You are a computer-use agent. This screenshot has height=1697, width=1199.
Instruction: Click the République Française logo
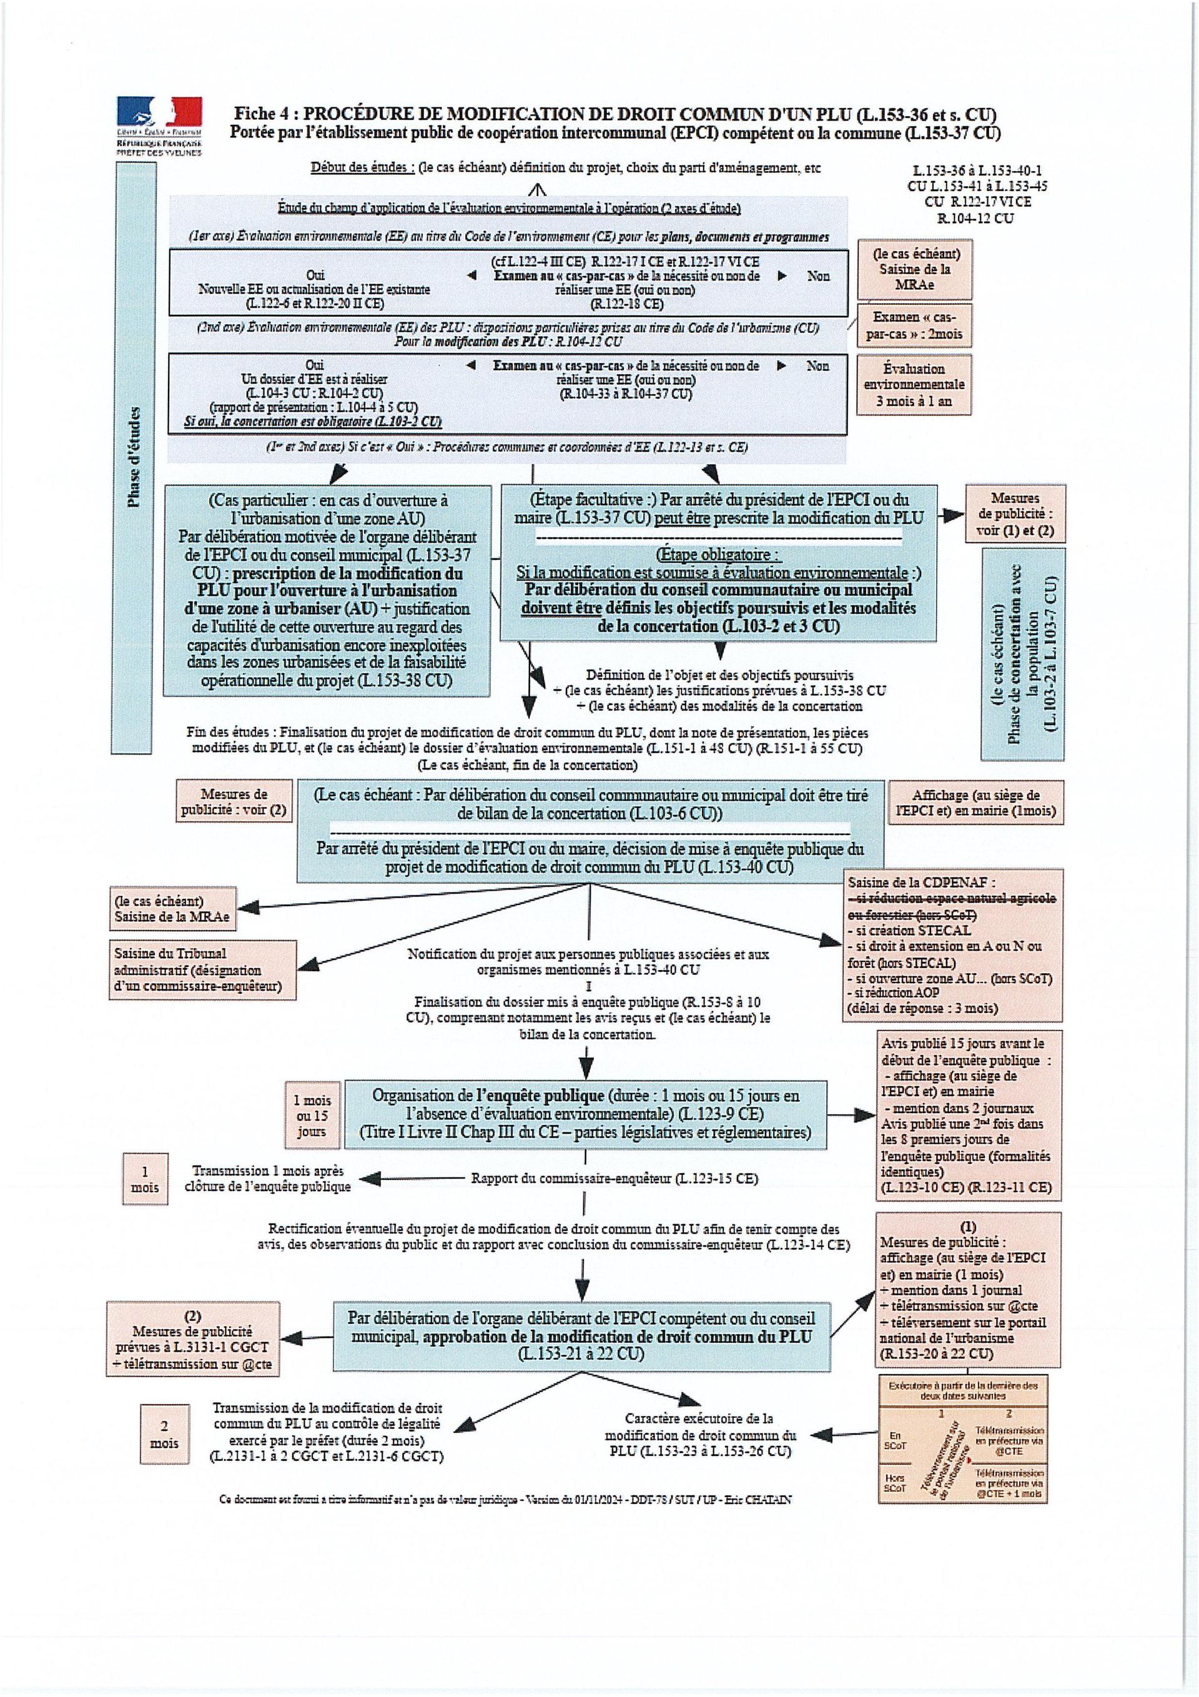158,124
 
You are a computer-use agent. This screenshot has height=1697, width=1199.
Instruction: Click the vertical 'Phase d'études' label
134,458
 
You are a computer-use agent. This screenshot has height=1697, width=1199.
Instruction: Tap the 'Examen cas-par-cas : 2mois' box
914,325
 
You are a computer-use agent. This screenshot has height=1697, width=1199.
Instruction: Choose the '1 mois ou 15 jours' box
311,1116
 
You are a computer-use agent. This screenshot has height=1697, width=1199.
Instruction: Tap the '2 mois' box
164,1434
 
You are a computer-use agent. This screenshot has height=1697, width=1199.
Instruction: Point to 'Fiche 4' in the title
266,114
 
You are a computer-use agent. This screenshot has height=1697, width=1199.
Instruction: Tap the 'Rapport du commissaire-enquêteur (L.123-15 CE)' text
614,1178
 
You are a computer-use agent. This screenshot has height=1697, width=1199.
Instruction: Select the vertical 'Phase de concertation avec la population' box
1022,653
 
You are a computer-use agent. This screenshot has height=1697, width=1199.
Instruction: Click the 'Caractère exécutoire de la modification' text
700,1435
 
